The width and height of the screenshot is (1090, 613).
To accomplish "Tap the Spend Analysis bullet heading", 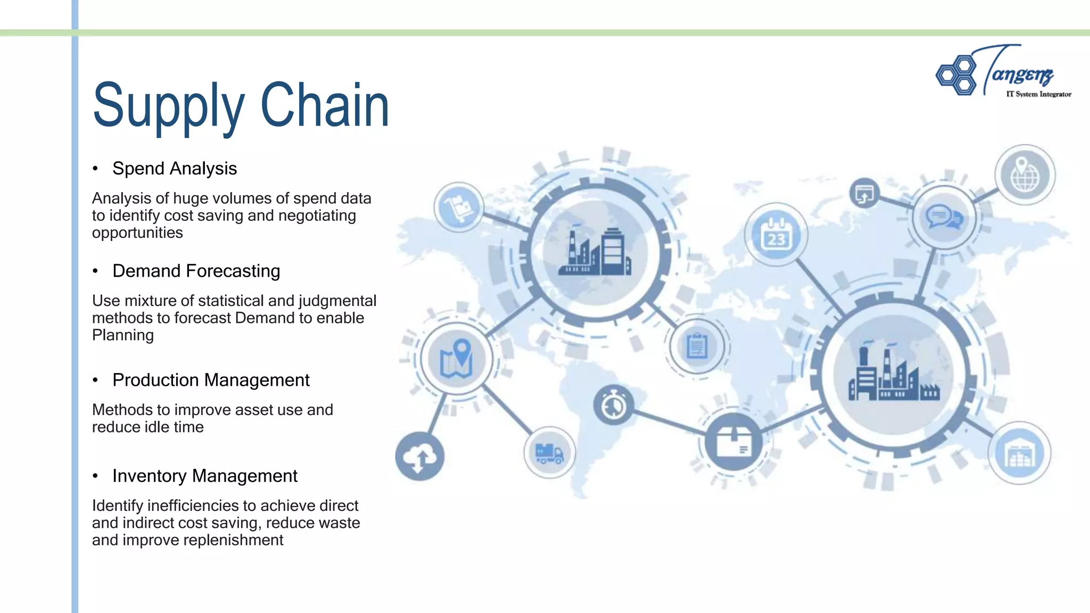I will pos(175,169).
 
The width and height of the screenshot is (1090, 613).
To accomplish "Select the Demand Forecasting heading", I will pos(196,271).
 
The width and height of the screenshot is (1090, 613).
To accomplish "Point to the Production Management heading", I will pos(211,380).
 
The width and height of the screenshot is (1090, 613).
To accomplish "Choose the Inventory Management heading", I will pos(204,476).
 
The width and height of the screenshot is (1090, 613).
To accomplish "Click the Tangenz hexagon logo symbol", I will pos(956,75).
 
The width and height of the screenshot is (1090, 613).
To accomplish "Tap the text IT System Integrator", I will pos(1038,94).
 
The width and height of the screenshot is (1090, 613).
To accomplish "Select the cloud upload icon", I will pos(419,457).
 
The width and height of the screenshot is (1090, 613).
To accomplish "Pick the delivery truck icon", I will pos(550,453).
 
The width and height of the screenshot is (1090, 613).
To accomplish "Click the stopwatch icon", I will pos(614,405).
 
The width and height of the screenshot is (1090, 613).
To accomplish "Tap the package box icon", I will pos(733,441).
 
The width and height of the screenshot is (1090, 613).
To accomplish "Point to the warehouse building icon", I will pos(1019,453).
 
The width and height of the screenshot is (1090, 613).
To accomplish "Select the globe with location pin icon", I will pos(1025,175).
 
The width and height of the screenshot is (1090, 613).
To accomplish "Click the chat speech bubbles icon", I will pos(944,218).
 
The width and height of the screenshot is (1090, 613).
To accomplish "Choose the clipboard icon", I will pos(697,346).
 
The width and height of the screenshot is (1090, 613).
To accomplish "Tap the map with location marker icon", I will pos(457,358).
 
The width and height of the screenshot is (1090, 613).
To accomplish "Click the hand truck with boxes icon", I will pos(458,207).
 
